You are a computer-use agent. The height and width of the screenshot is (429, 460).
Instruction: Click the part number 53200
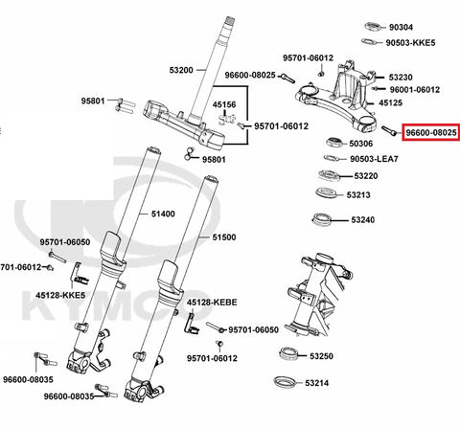point(181,70)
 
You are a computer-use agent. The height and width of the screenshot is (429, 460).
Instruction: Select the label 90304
point(401,28)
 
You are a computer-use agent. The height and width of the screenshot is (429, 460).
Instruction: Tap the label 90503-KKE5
point(410,43)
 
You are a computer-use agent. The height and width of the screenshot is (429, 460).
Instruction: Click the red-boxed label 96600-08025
point(431,132)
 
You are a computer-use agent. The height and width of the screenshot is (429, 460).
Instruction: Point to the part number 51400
point(163,214)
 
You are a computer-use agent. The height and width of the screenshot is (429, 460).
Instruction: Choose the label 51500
point(224,237)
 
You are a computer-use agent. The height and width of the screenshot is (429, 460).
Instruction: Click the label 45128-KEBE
point(212,303)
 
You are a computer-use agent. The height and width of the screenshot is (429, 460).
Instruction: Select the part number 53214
point(316,383)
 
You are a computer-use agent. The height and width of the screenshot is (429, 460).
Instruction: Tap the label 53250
point(321,356)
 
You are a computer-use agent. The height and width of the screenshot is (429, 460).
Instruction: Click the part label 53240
point(363,220)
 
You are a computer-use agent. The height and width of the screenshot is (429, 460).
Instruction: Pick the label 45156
point(224,104)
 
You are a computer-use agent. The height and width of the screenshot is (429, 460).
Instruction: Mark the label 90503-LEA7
point(374,159)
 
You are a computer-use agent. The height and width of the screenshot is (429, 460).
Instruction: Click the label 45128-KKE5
point(60,295)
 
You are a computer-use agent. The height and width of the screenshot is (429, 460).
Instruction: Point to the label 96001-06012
point(415,90)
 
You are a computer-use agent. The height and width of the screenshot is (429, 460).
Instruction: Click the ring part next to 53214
point(285,381)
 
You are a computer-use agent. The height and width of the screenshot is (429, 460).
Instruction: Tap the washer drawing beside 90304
point(374,27)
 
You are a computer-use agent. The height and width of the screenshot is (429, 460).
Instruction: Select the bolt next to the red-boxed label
point(390,131)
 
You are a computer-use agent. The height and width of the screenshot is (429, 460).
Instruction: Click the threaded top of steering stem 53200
point(230,22)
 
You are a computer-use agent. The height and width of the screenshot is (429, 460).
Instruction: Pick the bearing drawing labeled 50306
point(334,142)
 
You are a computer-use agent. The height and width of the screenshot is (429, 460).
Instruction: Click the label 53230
point(401,78)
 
